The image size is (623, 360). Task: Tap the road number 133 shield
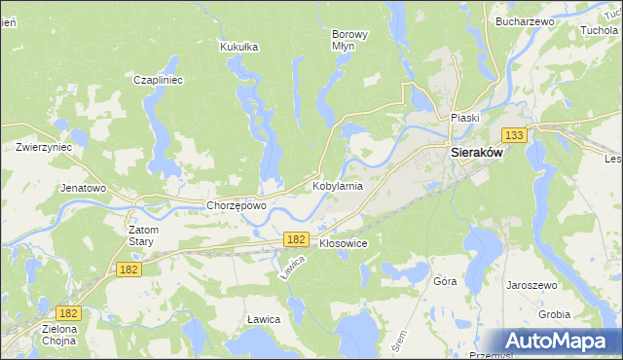(514, 135)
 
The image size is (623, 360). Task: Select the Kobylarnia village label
(338, 185)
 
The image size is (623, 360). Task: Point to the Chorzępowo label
(237, 205)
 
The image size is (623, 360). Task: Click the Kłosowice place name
(343, 243)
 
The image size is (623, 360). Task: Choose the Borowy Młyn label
(350, 40)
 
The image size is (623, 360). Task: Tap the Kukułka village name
(238, 46)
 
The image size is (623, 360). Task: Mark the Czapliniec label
(159, 81)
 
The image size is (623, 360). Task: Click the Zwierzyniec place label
(44, 147)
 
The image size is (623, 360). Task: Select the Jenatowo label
(83, 188)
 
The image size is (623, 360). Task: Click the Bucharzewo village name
(524, 20)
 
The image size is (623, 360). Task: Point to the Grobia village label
(555, 314)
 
